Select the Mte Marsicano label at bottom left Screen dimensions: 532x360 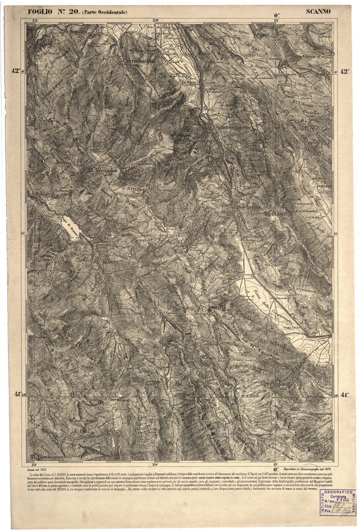[47, 456]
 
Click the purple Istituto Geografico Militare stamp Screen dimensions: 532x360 [337, 502]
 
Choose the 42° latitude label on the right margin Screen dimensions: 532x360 [345, 71]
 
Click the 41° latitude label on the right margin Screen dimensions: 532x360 [345, 395]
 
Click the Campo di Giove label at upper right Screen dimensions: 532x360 [316, 57]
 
